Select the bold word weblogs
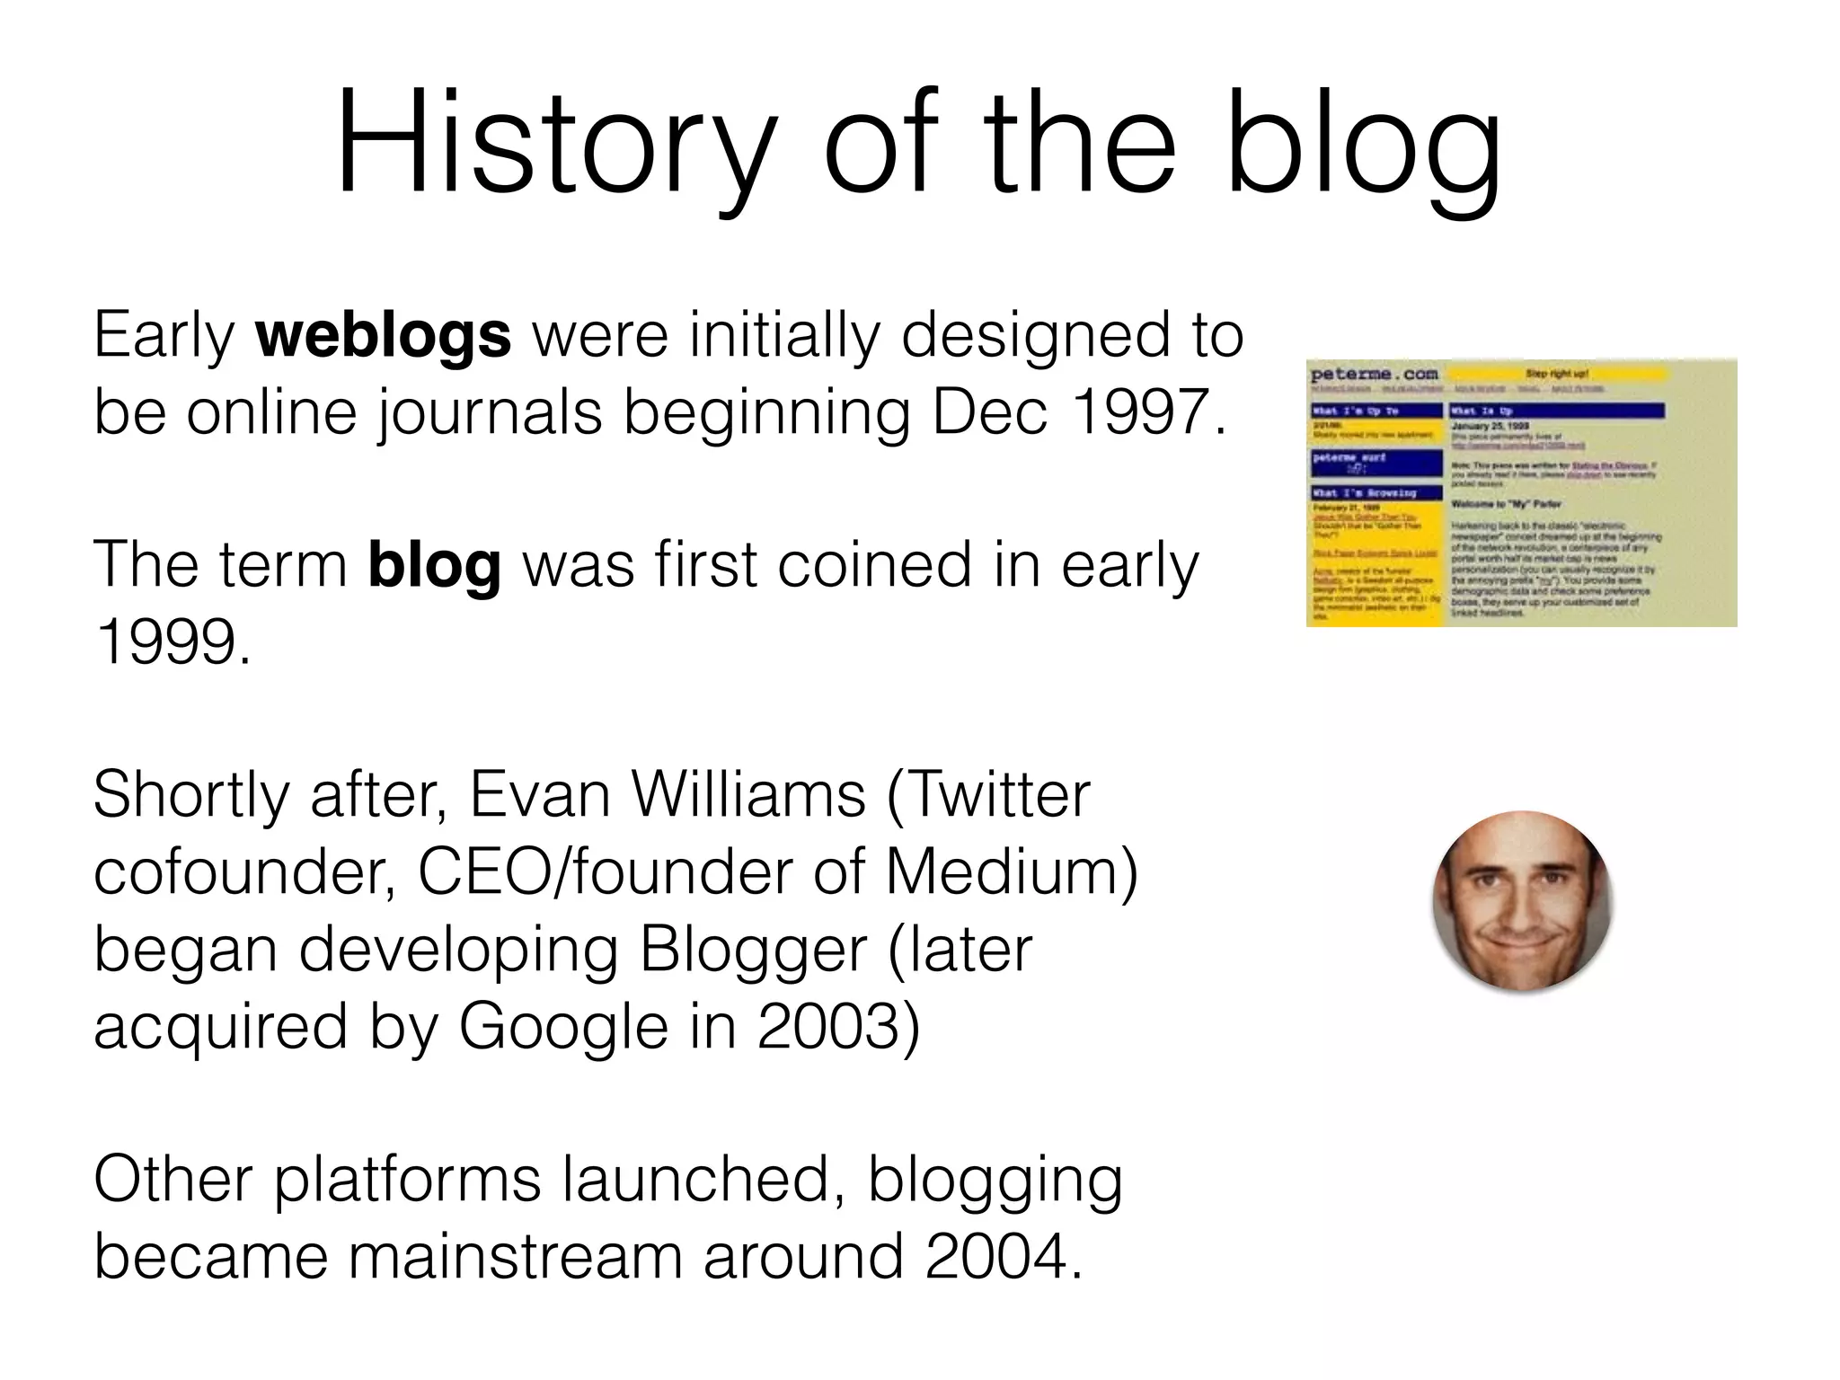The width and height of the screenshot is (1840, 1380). click(x=384, y=334)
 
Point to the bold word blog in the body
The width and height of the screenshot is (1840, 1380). click(x=434, y=565)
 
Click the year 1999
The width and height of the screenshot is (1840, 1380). click(x=171, y=641)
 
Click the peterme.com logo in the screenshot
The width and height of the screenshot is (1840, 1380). click(x=1374, y=374)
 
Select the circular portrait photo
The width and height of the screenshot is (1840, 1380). click(x=1522, y=900)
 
